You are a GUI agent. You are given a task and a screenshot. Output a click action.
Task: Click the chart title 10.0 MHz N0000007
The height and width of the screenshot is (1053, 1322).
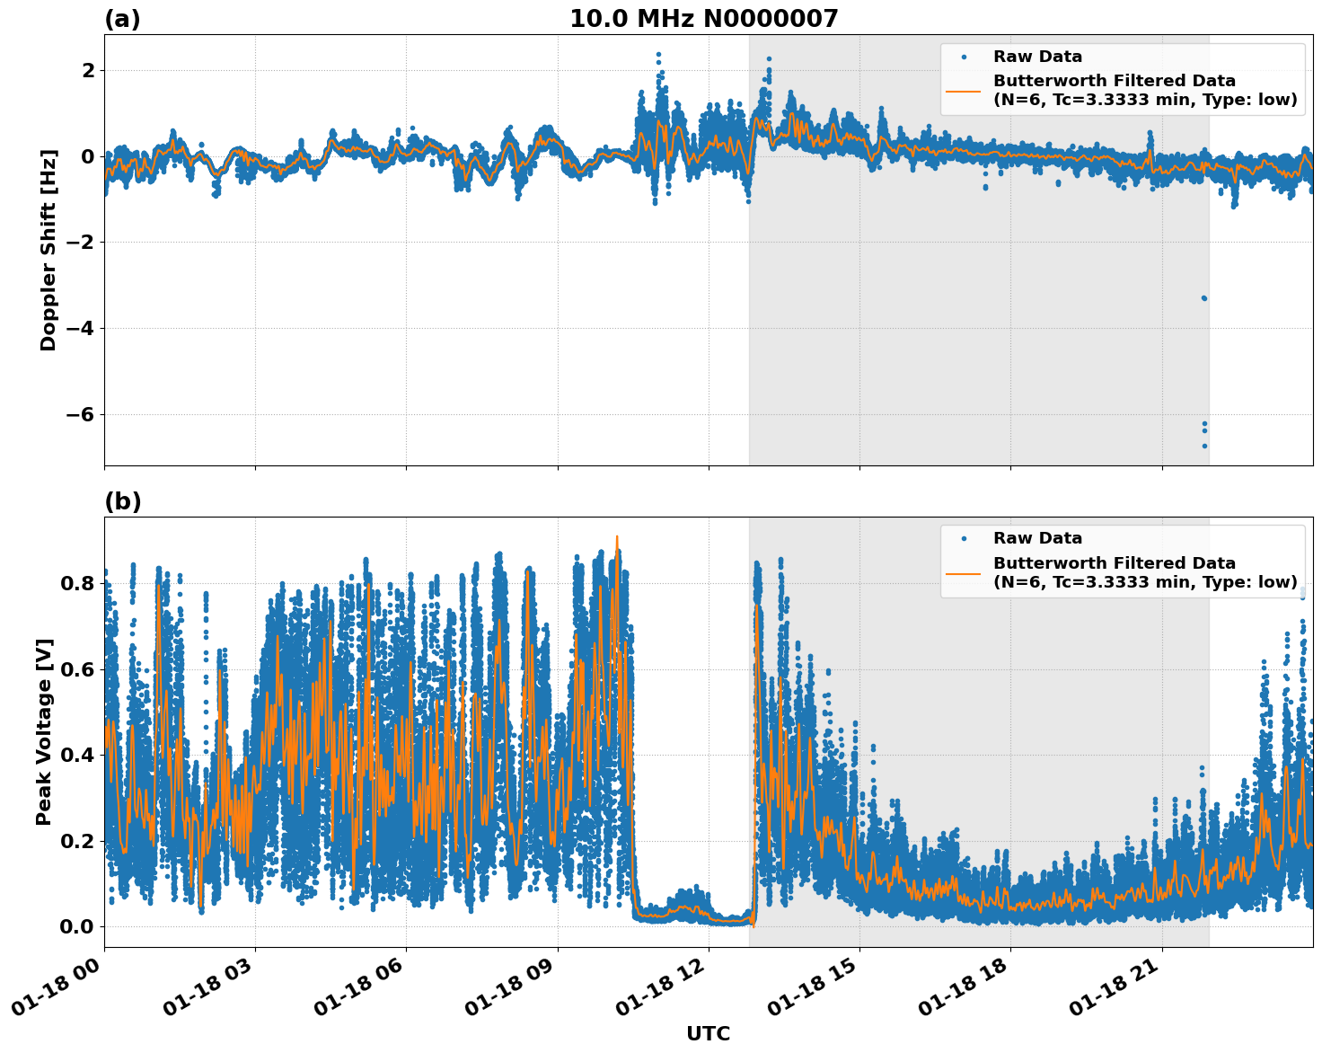point(703,19)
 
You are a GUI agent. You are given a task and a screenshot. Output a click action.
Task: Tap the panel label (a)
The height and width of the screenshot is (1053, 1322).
point(122,19)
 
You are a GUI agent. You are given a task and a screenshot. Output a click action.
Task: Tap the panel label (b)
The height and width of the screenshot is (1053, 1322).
point(122,501)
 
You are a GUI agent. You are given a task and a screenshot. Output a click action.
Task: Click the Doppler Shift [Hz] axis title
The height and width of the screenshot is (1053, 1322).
point(48,250)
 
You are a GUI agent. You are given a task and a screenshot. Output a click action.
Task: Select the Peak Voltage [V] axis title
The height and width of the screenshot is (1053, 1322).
point(44,731)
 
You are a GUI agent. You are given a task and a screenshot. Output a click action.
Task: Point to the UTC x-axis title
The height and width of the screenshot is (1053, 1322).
point(708,1033)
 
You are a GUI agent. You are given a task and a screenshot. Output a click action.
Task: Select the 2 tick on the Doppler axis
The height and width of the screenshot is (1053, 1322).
point(88,70)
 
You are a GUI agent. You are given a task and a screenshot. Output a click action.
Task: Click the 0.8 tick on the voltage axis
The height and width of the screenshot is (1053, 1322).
point(76,583)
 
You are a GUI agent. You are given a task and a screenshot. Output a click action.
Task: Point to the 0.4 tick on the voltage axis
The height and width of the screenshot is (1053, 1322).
point(76,755)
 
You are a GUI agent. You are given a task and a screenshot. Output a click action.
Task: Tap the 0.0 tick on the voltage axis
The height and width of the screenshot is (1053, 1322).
point(76,926)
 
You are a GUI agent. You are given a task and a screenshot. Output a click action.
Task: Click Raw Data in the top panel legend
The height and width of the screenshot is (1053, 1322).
point(1037,57)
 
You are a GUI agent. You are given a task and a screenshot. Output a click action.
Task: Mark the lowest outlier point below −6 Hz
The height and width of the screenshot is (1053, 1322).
point(1204,446)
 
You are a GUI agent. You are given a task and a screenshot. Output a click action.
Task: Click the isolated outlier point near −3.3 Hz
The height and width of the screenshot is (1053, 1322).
point(1204,297)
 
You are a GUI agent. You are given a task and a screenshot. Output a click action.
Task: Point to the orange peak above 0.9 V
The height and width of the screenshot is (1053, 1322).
point(617,537)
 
